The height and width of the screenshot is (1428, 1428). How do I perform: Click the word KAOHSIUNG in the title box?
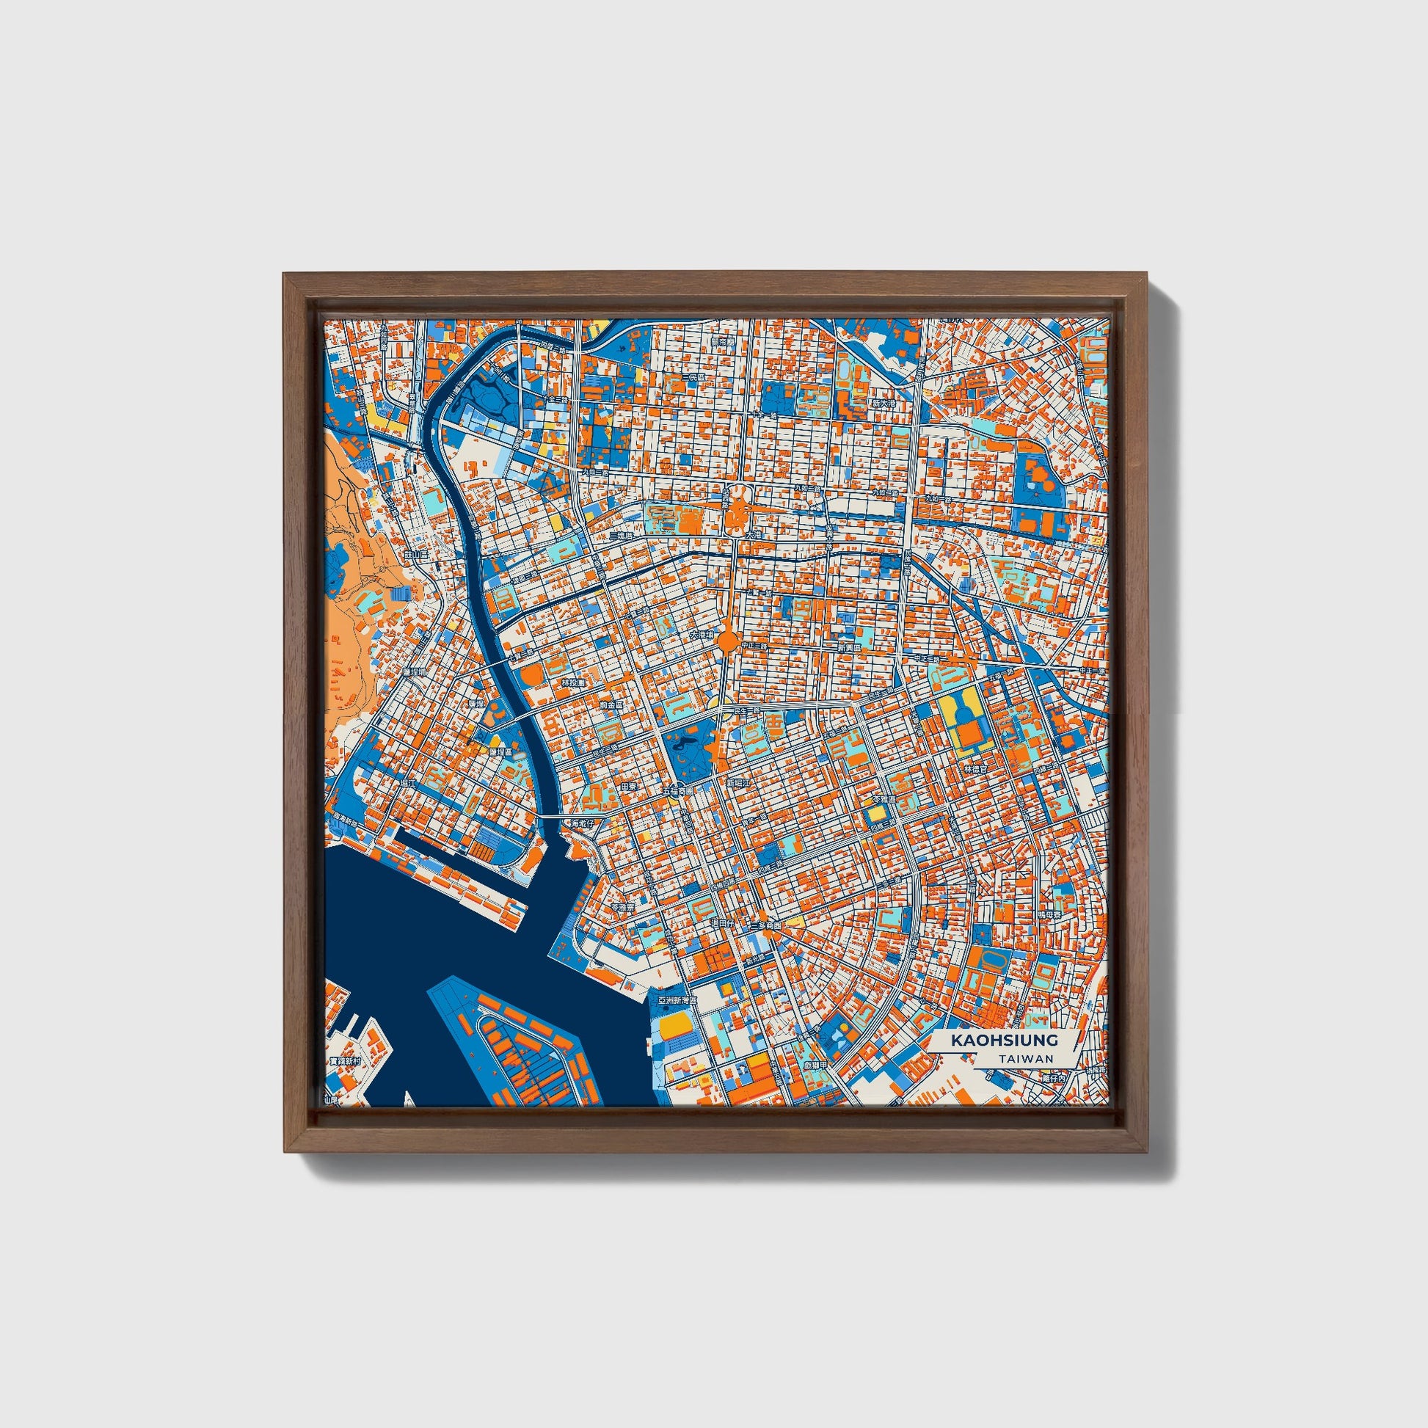[1004, 1040]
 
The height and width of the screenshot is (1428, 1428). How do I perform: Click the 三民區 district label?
[693, 377]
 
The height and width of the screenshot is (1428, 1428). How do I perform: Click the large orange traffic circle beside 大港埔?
[728, 640]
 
